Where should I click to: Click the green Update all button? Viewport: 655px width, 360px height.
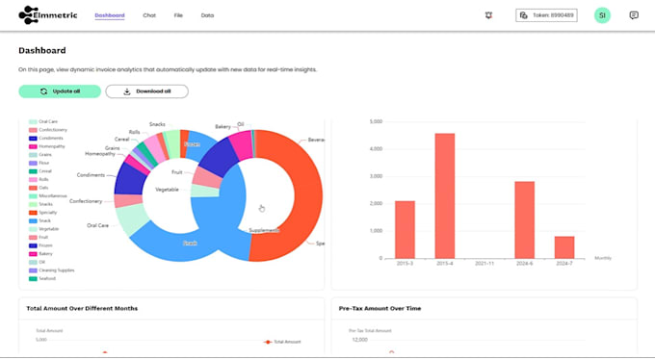point(59,91)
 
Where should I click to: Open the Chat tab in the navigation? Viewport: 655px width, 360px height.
point(149,15)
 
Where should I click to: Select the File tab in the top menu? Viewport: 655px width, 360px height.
point(178,15)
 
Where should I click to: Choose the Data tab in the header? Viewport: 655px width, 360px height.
point(207,15)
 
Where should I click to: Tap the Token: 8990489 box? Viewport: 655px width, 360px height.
point(546,15)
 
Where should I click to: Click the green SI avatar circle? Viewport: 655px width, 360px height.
point(602,15)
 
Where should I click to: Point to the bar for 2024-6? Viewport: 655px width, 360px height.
point(524,219)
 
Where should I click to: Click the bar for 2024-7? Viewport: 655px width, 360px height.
point(564,246)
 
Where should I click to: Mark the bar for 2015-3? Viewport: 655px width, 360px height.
point(405,229)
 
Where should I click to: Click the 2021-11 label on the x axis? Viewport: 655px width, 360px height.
point(485,263)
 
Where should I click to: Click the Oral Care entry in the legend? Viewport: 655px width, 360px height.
point(48,121)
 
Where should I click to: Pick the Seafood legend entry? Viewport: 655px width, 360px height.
point(47,279)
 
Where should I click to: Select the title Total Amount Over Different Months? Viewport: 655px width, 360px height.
point(82,308)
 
